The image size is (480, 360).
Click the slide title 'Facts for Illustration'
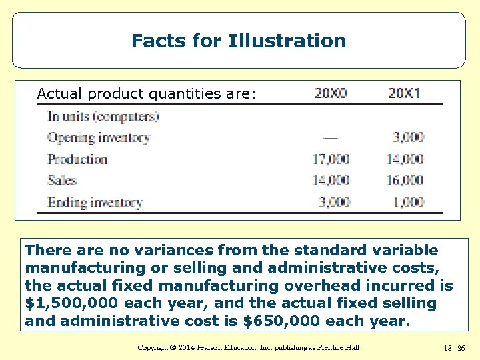(239, 41)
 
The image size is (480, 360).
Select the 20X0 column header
(331, 93)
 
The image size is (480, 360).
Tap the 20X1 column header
(404, 93)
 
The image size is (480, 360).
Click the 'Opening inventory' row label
(98, 137)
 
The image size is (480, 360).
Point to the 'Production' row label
(77, 159)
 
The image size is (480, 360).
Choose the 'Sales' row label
(62, 180)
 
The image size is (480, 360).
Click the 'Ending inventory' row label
(95, 202)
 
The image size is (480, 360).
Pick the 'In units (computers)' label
(103, 116)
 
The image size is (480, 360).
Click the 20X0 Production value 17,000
(331, 159)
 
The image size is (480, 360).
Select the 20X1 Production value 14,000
(405, 159)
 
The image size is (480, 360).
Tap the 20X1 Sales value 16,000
(405, 180)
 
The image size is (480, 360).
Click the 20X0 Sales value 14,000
(331, 180)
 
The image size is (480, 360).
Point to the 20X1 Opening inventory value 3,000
(408, 137)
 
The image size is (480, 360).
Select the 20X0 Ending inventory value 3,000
(334, 202)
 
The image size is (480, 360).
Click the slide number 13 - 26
(454, 348)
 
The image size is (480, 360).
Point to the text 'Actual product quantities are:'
(146, 93)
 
